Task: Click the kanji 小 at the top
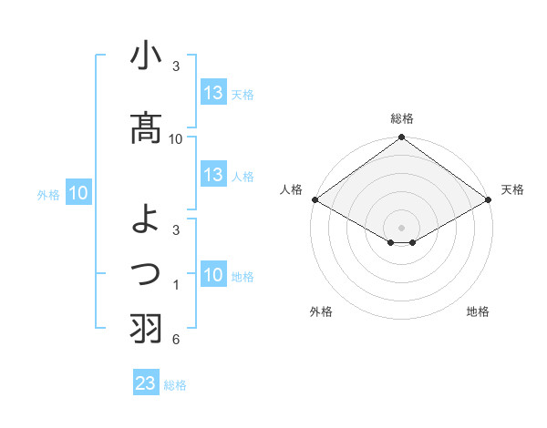pyautogui.click(x=147, y=56)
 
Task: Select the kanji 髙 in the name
pyautogui.click(x=147, y=127)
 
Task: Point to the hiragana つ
pyautogui.click(x=147, y=272)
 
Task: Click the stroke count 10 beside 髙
pyautogui.click(x=176, y=138)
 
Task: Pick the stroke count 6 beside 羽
pyautogui.click(x=175, y=340)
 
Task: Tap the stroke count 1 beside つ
pyautogui.click(x=175, y=285)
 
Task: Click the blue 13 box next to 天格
pyautogui.click(x=213, y=93)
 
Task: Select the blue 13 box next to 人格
pyautogui.click(x=213, y=175)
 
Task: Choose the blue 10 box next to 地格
pyautogui.click(x=213, y=275)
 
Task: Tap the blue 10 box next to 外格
pyautogui.click(x=78, y=193)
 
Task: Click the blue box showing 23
pyautogui.click(x=145, y=383)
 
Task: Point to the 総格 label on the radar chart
pyautogui.click(x=401, y=118)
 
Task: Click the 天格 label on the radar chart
pyautogui.click(x=512, y=189)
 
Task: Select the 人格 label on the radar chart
pyautogui.click(x=291, y=189)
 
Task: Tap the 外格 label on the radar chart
pyautogui.click(x=321, y=311)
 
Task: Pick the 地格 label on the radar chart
pyautogui.click(x=478, y=311)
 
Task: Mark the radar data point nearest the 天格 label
pyautogui.click(x=489, y=199)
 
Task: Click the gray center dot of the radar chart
pyautogui.click(x=401, y=227)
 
